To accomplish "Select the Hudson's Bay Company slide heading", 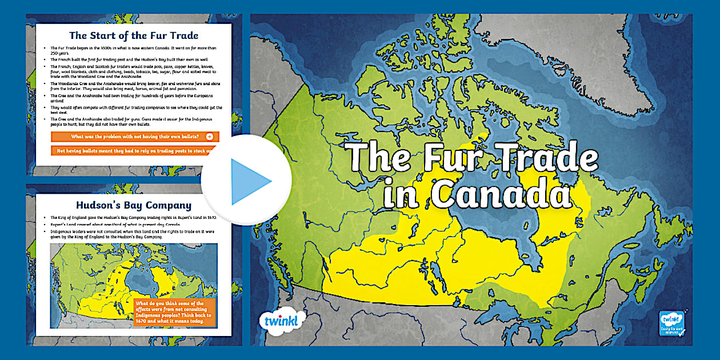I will (133, 205).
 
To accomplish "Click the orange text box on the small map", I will (175, 311).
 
